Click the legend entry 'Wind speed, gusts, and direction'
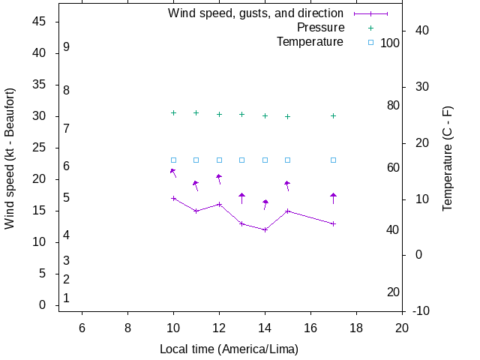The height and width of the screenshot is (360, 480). pyautogui.click(x=256, y=13)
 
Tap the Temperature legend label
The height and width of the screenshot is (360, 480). pyautogui.click(x=310, y=42)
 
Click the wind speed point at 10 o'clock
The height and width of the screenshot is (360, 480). pyautogui.click(x=173, y=198)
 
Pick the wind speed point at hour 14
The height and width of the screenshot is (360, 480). pyautogui.click(x=265, y=229)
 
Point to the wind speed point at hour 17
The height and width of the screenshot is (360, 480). pyautogui.click(x=333, y=223)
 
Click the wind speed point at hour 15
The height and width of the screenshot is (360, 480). pyautogui.click(x=287, y=211)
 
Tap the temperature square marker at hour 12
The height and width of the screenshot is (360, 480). pyautogui.click(x=219, y=160)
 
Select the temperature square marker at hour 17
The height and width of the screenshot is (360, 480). pyautogui.click(x=333, y=160)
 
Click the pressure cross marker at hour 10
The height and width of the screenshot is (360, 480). pyautogui.click(x=173, y=112)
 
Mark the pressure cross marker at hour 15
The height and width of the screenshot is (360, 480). pyautogui.click(x=287, y=116)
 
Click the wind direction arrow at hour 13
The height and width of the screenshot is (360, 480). pyautogui.click(x=241, y=198)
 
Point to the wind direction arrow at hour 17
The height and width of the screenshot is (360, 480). pyautogui.click(x=333, y=198)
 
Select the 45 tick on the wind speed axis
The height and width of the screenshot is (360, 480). pyautogui.click(x=40, y=22)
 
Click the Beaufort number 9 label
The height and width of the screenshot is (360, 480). pyautogui.click(x=67, y=46)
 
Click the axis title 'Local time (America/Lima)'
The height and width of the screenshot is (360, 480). pyautogui.click(x=229, y=349)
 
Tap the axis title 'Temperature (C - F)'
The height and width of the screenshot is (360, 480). pyautogui.click(x=448, y=157)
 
